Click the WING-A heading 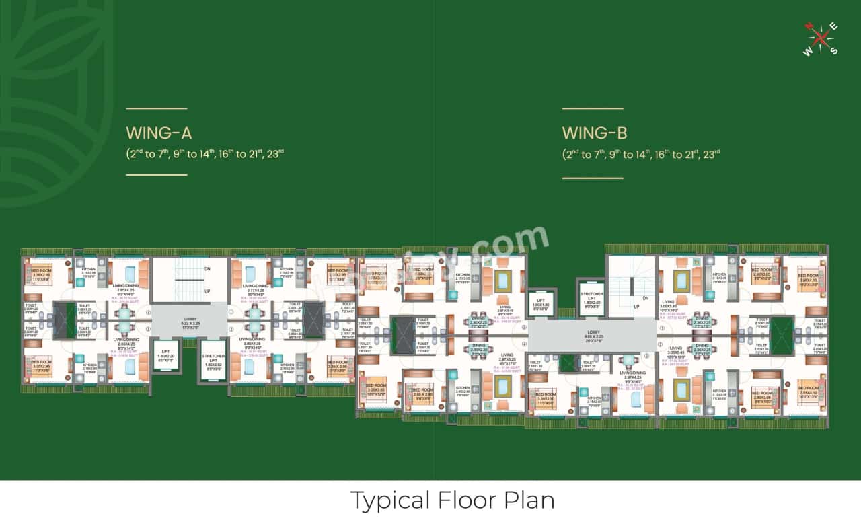(159, 133)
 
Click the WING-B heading (595, 133)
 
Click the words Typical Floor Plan (452, 500)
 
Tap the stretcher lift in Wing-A (213, 363)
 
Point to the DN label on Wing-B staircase (645, 298)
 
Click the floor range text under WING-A (205, 153)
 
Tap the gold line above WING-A (156, 108)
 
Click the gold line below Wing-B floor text (593, 178)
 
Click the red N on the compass (809, 27)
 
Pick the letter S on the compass (834, 51)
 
